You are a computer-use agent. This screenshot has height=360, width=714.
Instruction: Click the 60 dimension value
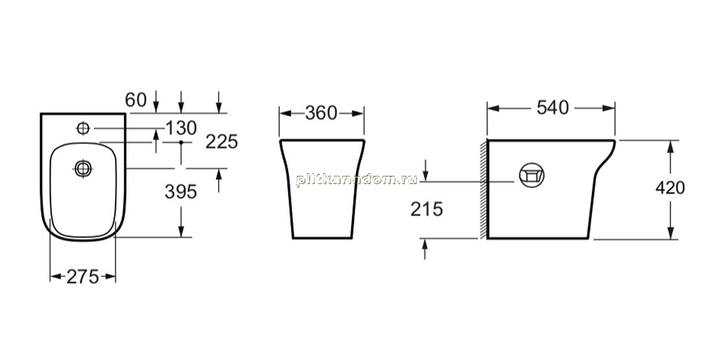(x=136, y=100)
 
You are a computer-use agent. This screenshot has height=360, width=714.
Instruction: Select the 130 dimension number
(x=181, y=128)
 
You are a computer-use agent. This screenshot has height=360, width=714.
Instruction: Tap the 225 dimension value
(x=222, y=142)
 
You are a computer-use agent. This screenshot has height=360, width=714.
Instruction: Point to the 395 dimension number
(x=181, y=192)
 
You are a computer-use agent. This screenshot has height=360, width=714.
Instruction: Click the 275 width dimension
(x=82, y=276)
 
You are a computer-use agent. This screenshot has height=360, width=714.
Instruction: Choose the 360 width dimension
(x=321, y=114)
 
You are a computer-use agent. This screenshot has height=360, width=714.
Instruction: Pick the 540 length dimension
(x=553, y=108)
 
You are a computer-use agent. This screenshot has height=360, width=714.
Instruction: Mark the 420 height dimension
(x=671, y=187)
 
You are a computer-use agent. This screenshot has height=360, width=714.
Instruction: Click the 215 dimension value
(x=426, y=209)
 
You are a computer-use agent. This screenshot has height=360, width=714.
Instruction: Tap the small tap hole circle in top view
(x=83, y=128)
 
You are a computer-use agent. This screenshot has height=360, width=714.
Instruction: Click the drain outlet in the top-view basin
(x=83, y=169)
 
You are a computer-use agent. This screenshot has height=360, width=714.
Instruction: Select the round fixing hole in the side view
(x=532, y=175)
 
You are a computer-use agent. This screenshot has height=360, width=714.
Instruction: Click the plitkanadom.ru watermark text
(x=356, y=179)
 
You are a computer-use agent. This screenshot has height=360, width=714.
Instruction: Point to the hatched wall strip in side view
(x=484, y=189)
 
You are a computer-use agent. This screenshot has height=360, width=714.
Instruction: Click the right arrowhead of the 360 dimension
(x=358, y=114)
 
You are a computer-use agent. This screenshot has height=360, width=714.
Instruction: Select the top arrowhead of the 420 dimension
(x=671, y=147)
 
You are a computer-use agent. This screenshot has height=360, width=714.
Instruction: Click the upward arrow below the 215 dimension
(x=425, y=250)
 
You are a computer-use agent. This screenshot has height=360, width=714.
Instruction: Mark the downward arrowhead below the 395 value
(x=181, y=231)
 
